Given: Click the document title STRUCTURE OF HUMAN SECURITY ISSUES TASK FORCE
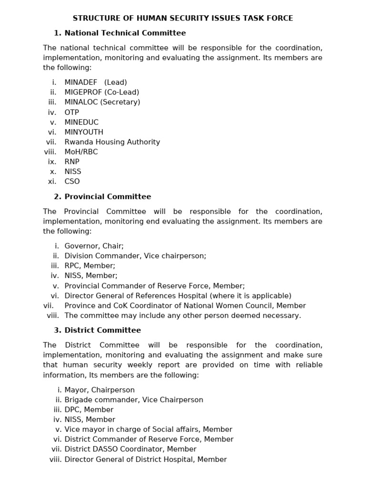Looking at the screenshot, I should [183, 18].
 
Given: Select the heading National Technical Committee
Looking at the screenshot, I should [125, 33].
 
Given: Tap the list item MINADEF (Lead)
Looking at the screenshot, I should [95, 82].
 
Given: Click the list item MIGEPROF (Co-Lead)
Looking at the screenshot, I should [102, 92].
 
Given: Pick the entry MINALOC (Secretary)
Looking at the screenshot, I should [102, 102].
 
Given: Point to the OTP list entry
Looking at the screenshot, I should [71, 112].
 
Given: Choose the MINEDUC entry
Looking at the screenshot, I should [81, 122].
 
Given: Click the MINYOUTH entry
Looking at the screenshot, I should [84, 132].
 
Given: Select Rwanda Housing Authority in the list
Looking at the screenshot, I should [112, 142].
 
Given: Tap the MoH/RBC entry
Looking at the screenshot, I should [81, 152].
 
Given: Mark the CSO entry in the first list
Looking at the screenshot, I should [72, 182].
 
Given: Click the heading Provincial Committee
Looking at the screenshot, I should [108, 196].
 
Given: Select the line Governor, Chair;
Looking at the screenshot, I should [94, 246].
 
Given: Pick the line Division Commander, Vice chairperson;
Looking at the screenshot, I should [135, 256].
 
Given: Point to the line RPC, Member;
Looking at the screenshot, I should [90, 266].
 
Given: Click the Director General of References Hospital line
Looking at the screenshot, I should [178, 296].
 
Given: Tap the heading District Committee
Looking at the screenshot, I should [102, 330].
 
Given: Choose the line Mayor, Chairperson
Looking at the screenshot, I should [100, 390].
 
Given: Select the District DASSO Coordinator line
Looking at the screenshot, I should [130, 449].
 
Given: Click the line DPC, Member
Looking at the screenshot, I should [89, 410].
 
